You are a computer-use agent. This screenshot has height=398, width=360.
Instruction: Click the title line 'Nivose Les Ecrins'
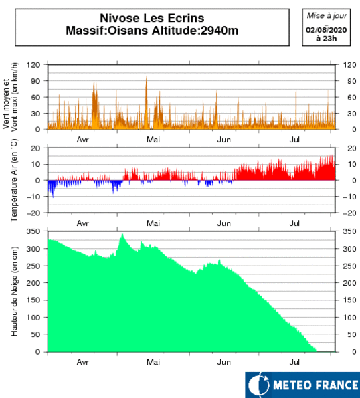[x=152, y=18]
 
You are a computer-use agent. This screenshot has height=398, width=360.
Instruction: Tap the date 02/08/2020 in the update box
[x=327, y=30]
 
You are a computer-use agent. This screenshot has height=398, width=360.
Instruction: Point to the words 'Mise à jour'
[x=327, y=16]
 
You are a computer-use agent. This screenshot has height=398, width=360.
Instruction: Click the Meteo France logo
[x=302, y=385]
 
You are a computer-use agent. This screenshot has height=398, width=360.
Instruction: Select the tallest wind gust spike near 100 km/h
[x=146, y=76]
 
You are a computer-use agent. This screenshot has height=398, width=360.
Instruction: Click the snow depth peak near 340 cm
[x=122, y=234]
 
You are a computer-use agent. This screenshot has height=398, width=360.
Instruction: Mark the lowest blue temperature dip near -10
[x=53, y=197]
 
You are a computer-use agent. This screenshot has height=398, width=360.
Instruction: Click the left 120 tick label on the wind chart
[x=33, y=65]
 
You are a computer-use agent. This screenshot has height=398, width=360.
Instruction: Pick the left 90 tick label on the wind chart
[x=35, y=81]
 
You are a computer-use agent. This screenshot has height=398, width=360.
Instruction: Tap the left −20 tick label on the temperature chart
[x=33, y=213]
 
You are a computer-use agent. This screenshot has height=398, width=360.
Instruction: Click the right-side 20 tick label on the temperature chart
[x=352, y=148]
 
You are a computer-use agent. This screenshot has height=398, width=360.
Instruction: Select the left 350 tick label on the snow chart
[x=33, y=231]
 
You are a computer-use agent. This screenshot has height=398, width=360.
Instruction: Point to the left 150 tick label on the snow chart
[x=33, y=300]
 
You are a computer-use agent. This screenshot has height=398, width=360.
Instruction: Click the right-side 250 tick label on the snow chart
[x=349, y=266]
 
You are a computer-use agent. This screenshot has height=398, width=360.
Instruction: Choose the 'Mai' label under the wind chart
[x=153, y=140]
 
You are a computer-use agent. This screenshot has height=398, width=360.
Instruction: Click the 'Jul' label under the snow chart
[x=294, y=362]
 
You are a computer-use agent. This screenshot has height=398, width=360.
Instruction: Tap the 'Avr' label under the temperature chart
[x=82, y=223]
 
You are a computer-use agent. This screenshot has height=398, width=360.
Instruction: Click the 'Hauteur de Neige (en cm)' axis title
[x=14, y=292]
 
